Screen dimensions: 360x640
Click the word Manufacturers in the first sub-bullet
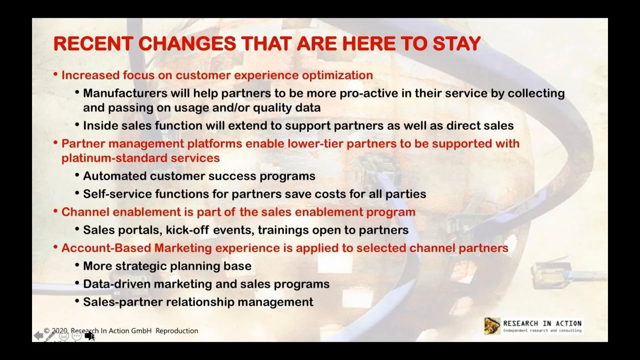125,93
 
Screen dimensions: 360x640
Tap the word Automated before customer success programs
114,176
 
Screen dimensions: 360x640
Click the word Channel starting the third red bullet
85,212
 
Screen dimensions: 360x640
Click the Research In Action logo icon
492,326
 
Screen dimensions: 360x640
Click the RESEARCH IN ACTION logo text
542,324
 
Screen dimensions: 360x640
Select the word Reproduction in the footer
176,331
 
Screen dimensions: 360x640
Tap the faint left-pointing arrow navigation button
38,336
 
